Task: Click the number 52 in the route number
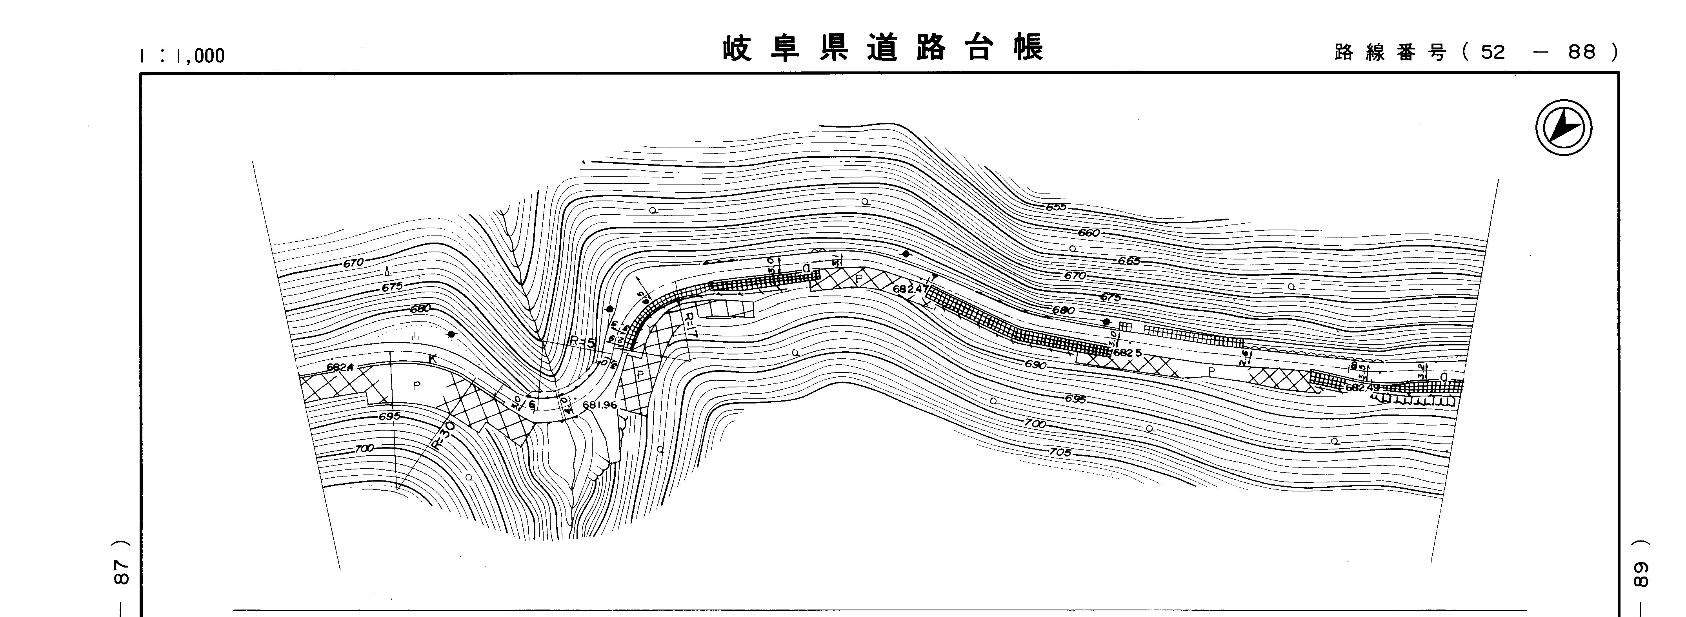pyautogui.click(x=1493, y=53)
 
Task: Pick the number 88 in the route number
pyautogui.click(x=1582, y=53)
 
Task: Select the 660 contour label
pyautogui.click(x=1088, y=233)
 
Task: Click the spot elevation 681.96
pyautogui.click(x=599, y=405)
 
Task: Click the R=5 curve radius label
pyautogui.click(x=582, y=341)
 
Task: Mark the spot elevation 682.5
pyautogui.click(x=1128, y=353)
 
